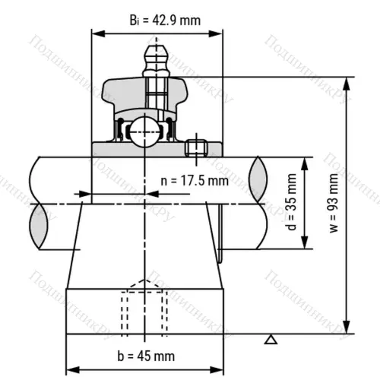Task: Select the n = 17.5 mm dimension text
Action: tap(195, 181)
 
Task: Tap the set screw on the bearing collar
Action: tap(196, 147)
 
